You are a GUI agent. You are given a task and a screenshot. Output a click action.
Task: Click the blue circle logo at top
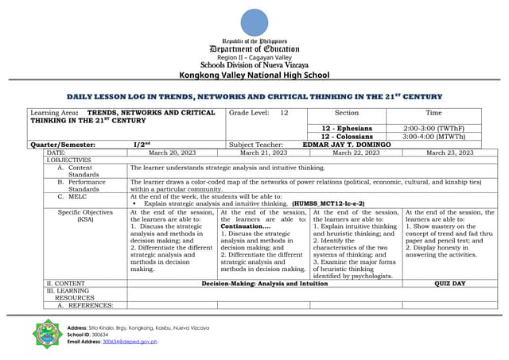click(x=254, y=22)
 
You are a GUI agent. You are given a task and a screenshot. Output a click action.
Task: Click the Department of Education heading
click(x=254, y=48)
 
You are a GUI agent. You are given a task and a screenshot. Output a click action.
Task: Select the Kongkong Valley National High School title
click(x=254, y=75)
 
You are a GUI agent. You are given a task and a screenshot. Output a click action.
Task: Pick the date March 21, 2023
click(x=263, y=152)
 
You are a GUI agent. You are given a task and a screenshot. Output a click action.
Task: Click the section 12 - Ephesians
click(x=347, y=128)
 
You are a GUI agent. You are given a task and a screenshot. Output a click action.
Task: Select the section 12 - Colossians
click(x=347, y=136)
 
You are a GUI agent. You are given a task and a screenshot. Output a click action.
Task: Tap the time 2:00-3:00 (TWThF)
click(x=433, y=128)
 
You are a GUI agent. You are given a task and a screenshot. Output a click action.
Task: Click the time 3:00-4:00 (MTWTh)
click(x=433, y=136)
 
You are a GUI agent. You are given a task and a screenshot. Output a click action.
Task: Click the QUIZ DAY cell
click(x=450, y=283)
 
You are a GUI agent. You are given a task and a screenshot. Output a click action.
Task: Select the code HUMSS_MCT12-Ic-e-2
click(x=328, y=203)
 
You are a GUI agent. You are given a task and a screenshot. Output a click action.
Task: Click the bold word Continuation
click(x=245, y=226)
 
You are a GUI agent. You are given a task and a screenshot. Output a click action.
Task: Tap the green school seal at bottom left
click(x=49, y=334)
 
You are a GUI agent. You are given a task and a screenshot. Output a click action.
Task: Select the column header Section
click(x=347, y=114)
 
